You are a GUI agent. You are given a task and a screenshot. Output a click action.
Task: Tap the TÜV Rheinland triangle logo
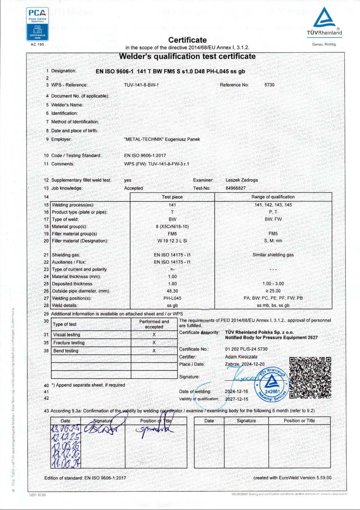324,18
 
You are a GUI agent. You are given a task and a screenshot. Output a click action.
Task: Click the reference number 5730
269,85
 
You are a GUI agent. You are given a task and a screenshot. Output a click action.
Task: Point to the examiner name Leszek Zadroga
241,180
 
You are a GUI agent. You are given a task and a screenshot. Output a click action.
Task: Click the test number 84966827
235,188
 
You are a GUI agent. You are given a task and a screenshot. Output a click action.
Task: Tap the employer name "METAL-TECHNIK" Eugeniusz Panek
162,139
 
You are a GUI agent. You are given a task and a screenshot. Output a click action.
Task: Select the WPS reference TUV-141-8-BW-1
141,85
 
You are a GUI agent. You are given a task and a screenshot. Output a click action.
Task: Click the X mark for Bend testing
154,351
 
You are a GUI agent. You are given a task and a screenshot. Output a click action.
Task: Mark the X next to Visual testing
154,335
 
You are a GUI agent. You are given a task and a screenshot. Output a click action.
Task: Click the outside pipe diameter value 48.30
172,291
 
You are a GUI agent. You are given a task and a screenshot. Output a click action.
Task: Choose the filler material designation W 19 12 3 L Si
172,241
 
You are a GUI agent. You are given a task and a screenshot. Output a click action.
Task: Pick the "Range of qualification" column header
273,197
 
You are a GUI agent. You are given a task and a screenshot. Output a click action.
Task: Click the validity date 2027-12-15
236,399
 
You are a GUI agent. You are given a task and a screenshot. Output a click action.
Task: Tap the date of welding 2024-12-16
236,391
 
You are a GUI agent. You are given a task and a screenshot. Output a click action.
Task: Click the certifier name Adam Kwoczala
241,357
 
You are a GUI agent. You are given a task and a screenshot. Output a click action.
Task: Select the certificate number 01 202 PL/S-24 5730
246,349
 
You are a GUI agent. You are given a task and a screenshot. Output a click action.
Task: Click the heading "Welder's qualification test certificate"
187,56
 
